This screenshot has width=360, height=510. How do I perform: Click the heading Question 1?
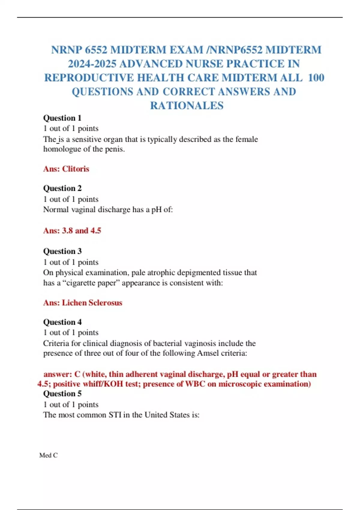62,118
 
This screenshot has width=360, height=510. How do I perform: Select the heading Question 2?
62,188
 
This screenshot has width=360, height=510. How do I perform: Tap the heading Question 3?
62,251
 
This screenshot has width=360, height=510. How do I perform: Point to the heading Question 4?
62,322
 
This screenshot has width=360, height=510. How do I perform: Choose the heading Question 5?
62,393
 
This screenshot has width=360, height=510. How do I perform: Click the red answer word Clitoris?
76,169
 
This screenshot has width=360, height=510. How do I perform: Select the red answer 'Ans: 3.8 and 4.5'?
72,230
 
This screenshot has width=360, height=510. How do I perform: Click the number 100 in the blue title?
316,78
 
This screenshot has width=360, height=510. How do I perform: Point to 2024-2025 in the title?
92,64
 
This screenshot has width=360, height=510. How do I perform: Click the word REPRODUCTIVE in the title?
89,78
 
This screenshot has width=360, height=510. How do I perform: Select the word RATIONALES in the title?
187,106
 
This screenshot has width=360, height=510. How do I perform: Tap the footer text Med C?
48,455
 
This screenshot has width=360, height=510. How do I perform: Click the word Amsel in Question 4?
208,353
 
